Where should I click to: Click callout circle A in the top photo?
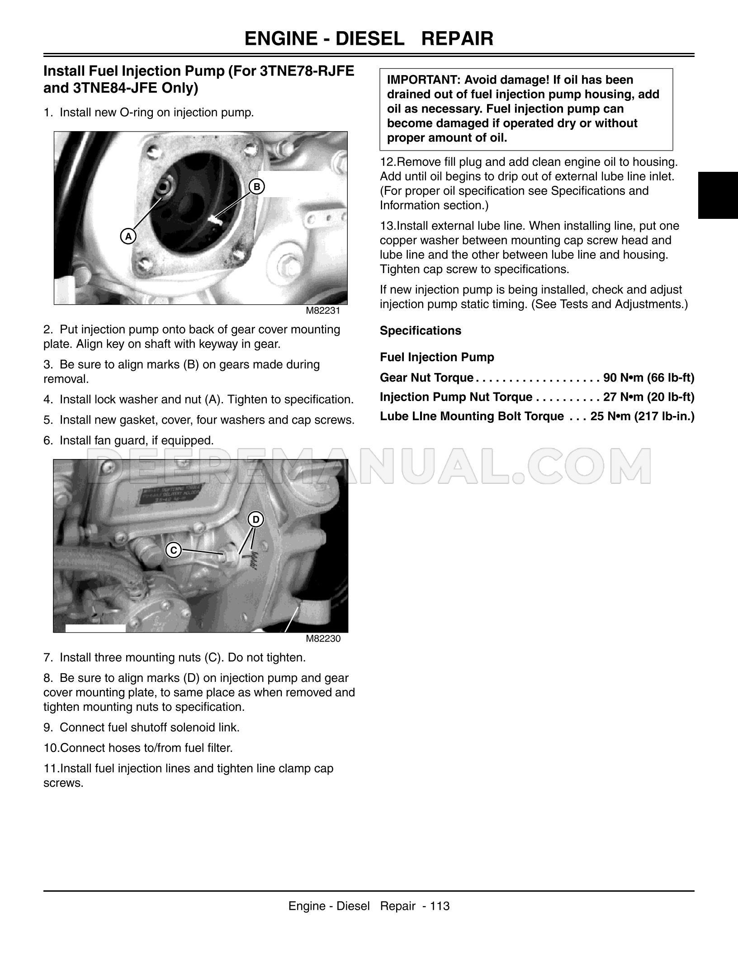pyautogui.click(x=128, y=236)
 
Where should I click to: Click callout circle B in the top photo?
pyautogui.click(x=256, y=186)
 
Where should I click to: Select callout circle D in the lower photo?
pyautogui.click(x=256, y=520)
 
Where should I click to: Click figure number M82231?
pyautogui.click(x=323, y=311)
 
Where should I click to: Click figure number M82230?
pyautogui.click(x=323, y=638)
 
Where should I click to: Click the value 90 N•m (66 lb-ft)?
pyautogui.click(x=648, y=378)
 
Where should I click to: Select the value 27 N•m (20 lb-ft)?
pyautogui.click(x=648, y=397)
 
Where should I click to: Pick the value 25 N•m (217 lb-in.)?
pyautogui.click(x=642, y=416)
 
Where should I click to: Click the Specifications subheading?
pyautogui.click(x=420, y=331)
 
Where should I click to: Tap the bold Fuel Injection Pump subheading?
pyautogui.click(x=437, y=357)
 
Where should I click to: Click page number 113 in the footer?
pyautogui.click(x=440, y=906)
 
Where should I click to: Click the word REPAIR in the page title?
pyautogui.click(x=457, y=39)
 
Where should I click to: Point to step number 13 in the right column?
pyautogui.click(x=388, y=226)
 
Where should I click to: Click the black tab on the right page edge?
pyautogui.click(x=718, y=195)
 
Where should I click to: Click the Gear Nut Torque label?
pyautogui.click(x=426, y=378)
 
